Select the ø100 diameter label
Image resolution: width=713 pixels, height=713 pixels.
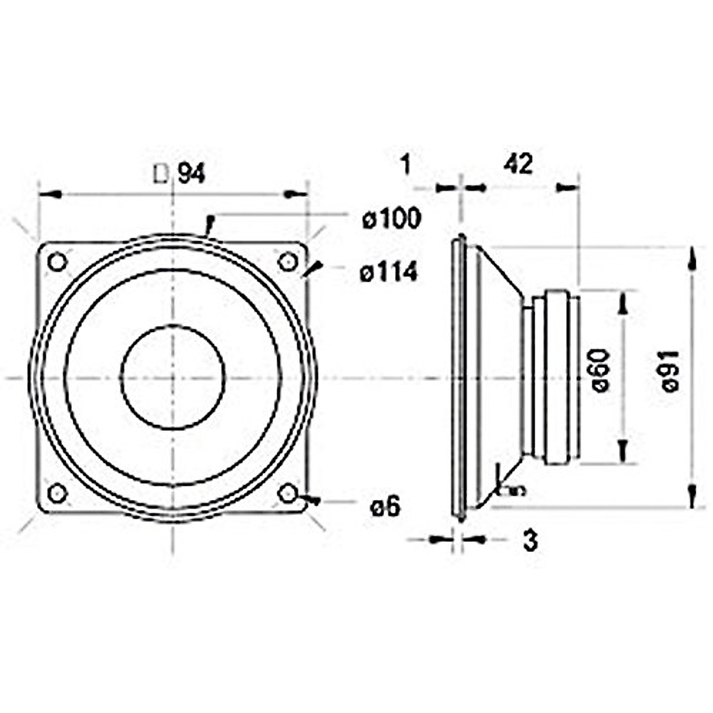coord(392,219)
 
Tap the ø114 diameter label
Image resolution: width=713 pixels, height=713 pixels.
coord(389,273)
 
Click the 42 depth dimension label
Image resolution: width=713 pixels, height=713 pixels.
coord(518,165)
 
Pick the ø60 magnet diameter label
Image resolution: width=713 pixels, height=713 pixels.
coord(601,371)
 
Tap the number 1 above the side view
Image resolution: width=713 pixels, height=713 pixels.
coord(405,165)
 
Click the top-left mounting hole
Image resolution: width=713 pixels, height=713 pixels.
coord(57,261)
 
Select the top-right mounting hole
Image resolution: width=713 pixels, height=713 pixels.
coord(288,261)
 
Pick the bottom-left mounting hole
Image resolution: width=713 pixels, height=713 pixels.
coord(57,493)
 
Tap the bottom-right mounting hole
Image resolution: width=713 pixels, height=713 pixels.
coord(288,493)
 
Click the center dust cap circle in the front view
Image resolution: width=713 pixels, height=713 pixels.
coord(172,377)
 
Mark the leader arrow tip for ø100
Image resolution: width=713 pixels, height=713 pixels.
coord(207,233)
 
